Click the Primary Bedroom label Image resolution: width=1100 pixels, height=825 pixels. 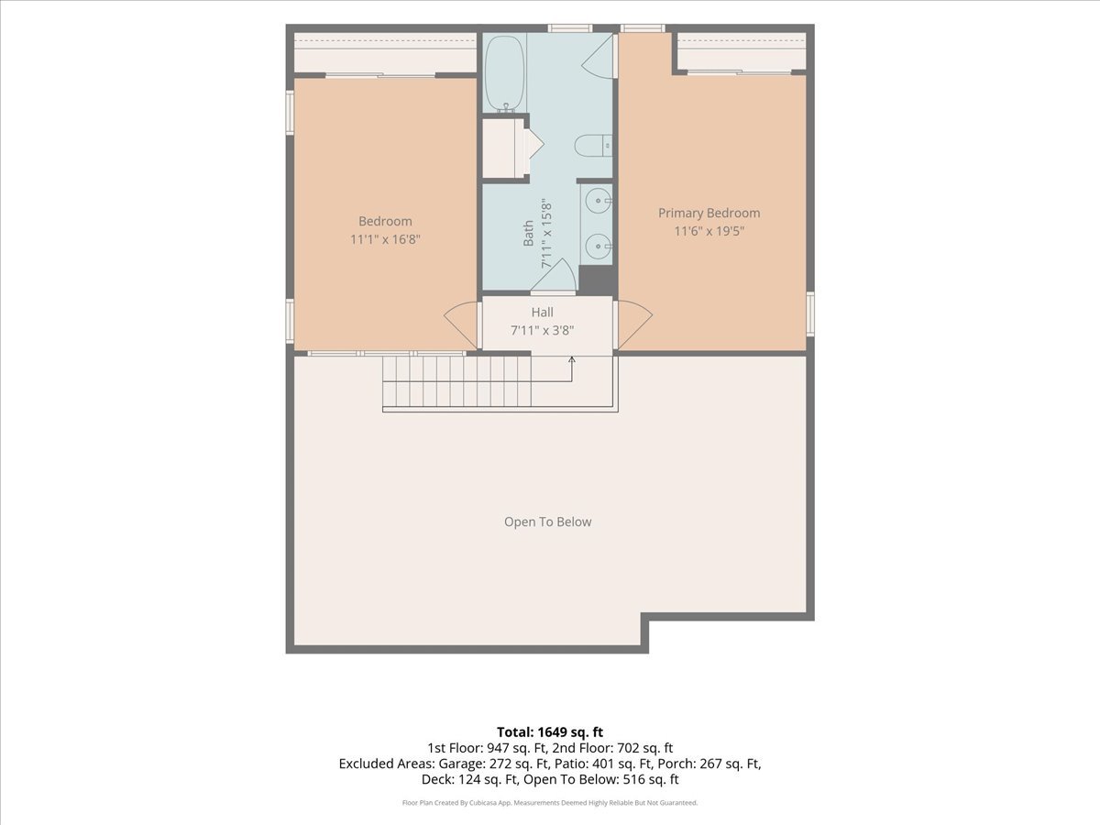point(709,214)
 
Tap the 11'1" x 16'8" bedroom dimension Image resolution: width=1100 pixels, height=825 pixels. point(385,239)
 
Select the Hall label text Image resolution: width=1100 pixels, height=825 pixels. point(543,313)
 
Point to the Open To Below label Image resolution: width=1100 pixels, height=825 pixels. point(548,522)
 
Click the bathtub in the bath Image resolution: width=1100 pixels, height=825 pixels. point(505,73)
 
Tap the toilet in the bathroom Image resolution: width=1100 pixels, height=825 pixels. point(593,146)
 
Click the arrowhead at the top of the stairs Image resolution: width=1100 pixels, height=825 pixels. point(572,359)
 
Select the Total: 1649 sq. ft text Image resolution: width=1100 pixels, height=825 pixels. point(550,732)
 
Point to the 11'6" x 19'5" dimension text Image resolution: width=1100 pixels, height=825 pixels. point(709,231)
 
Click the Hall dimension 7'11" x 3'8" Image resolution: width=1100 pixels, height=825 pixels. point(543,331)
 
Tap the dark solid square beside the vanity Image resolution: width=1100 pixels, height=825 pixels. point(597,280)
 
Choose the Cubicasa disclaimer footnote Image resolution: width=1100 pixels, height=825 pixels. point(550,803)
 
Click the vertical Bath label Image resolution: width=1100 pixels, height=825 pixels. point(528,234)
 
